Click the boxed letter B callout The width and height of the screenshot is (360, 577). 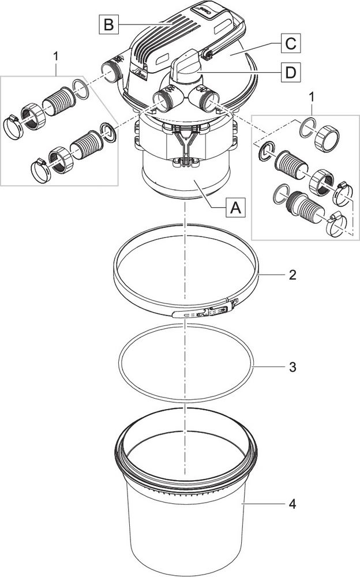[108, 24]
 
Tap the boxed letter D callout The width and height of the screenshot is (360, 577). [291, 73]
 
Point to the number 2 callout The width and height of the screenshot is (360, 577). [293, 275]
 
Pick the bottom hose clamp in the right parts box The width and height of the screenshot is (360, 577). [339, 224]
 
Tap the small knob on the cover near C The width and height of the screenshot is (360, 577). [206, 55]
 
